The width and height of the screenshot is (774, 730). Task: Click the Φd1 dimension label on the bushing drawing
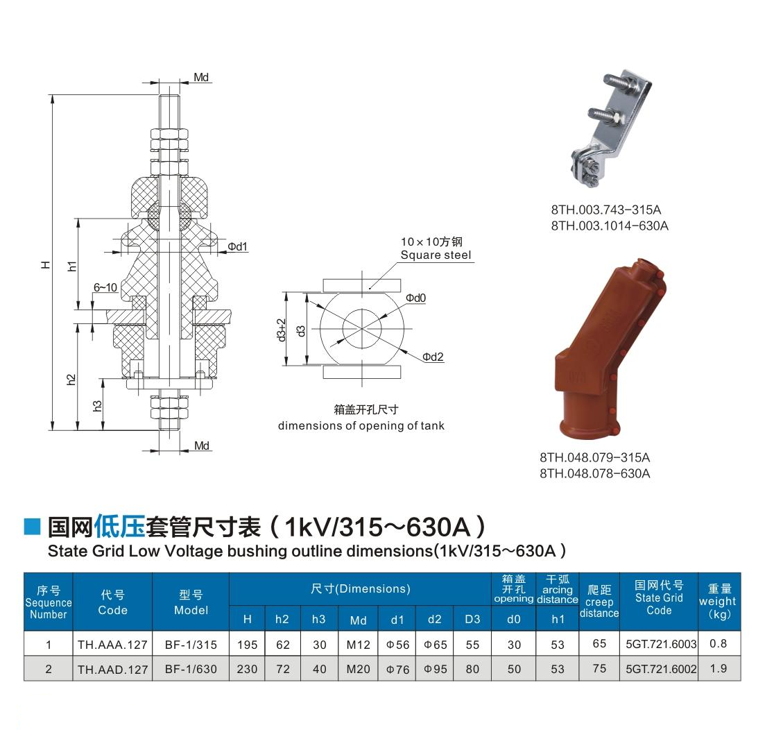(x=237, y=246)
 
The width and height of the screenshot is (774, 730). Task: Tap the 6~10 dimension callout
(x=105, y=287)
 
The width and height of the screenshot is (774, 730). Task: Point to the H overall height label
(x=45, y=265)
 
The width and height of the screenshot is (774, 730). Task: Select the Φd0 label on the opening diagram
(x=415, y=298)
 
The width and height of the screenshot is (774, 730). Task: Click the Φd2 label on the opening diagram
(x=433, y=357)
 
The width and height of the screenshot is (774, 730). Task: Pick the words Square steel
(x=436, y=255)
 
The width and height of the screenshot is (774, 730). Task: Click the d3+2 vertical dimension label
(x=281, y=330)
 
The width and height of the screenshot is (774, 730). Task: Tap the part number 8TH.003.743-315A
(x=605, y=210)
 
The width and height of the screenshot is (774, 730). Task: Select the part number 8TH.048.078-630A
(x=595, y=473)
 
